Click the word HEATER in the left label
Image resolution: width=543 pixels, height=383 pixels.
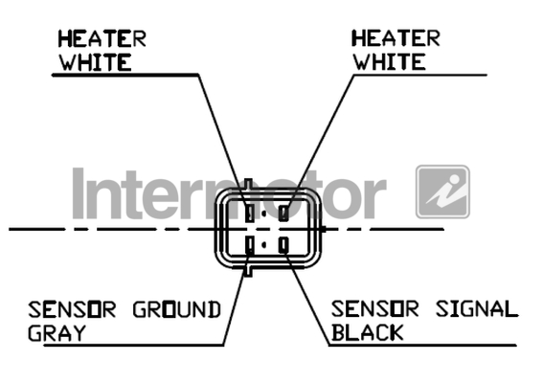click(102, 38)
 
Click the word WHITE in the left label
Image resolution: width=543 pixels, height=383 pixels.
click(96, 62)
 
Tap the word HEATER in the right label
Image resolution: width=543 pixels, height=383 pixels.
click(396, 38)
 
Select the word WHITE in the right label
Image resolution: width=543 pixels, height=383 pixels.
click(389, 62)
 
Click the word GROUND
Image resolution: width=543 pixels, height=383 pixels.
click(177, 309)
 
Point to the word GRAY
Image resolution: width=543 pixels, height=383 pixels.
click(57, 333)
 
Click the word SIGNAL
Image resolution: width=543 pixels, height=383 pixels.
click(477, 309)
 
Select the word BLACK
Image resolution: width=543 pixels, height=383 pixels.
click(368, 332)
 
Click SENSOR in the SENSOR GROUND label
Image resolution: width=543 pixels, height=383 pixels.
click(72, 309)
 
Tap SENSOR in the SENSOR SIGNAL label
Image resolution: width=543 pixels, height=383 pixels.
click(375, 309)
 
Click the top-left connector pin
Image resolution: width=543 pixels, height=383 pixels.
click(249, 213)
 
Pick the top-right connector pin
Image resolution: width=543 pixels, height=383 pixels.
click(283, 213)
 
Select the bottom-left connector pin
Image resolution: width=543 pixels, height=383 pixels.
click(249, 245)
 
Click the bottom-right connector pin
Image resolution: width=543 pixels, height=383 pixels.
click(283, 245)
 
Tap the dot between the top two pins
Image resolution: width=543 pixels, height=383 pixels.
click(264, 214)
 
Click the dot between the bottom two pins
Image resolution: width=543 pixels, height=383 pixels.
click(264, 245)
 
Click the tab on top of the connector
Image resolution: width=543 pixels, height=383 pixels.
click(248, 183)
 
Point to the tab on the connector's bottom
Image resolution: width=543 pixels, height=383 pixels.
click(248, 272)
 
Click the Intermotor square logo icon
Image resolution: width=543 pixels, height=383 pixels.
click(442, 191)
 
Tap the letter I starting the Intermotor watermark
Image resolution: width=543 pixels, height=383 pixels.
click(79, 193)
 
